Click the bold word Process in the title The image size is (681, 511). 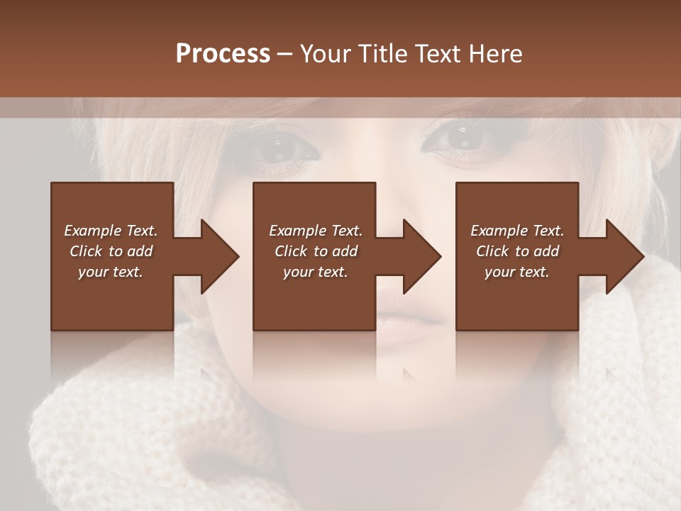click(223, 54)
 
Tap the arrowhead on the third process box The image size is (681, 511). click(620, 256)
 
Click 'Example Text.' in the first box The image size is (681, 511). click(111, 231)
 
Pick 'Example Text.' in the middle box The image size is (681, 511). click(316, 231)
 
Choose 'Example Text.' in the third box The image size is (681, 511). click(517, 231)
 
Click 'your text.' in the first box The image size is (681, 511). click(111, 272)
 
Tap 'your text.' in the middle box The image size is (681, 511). click(316, 272)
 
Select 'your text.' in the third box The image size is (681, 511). click(517, 272)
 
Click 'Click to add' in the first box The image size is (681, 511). click(111, 251)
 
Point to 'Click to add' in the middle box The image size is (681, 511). click(316, 251)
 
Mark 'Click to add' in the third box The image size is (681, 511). click(517, 251)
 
